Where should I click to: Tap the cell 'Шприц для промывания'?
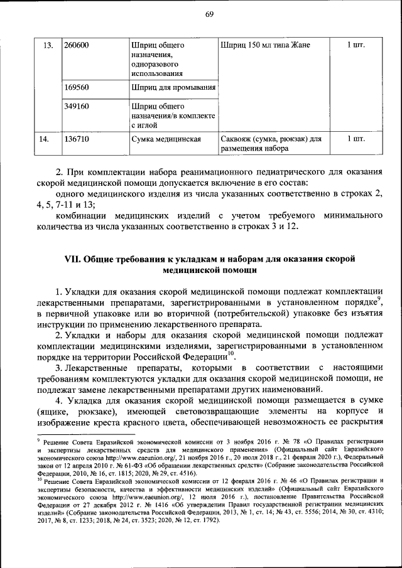[x=173, y=88]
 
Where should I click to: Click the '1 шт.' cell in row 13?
[x=356, y=45]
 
